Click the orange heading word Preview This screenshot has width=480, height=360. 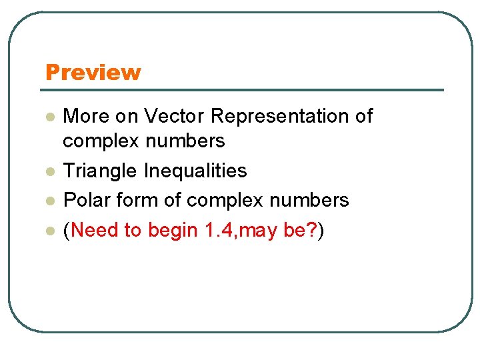(x=93, y=72)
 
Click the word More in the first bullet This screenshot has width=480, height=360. (x=85, y=117)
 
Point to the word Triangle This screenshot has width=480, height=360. (x=101, y=171)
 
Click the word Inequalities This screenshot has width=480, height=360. (x=195, y=171)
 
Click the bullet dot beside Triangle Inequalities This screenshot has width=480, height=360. (x=49, y=172)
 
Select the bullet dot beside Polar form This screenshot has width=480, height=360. (x=49, y=201)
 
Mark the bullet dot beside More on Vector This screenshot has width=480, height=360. (x=49, y=117)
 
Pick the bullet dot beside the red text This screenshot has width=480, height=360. (x=49, y=231)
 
